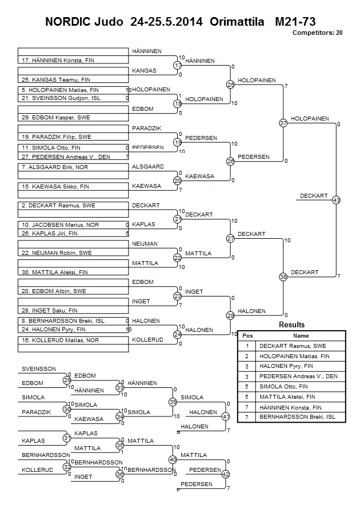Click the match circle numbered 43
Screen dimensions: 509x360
(x=336, y=200)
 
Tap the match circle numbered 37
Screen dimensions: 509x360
(x=283, y=123)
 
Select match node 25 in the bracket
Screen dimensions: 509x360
(x=230, y=85)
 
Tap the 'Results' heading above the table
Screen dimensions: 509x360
(x=291, y=325)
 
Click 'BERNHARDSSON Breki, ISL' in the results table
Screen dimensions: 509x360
(x=297, y=418)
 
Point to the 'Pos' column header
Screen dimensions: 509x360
(x=247, y=336)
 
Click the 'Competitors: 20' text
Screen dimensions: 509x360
(x=317, y=33)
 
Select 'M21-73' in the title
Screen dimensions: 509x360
(x=295, y=22)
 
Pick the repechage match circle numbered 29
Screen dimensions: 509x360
(x=67, y=380)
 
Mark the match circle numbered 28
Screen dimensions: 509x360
(x=230, y=315)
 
